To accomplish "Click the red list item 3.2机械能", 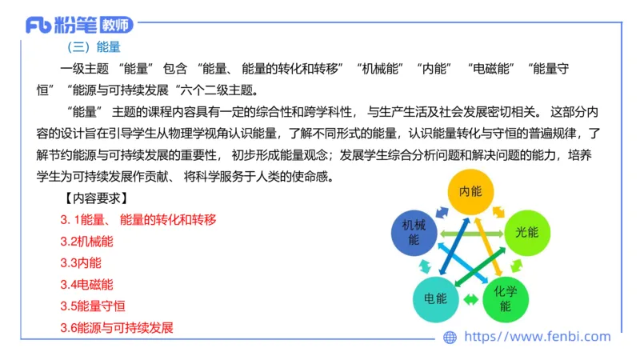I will coord(86,241).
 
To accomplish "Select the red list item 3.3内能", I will coord(81,262).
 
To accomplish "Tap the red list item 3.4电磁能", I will coord(86,284).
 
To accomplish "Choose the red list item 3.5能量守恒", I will coord(92,306).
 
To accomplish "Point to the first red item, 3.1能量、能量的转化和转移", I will coord(138,219).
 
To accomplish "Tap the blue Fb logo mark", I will coord(38,26).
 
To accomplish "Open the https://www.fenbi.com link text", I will coord(537,337).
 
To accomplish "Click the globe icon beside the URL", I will coord(450,338).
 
